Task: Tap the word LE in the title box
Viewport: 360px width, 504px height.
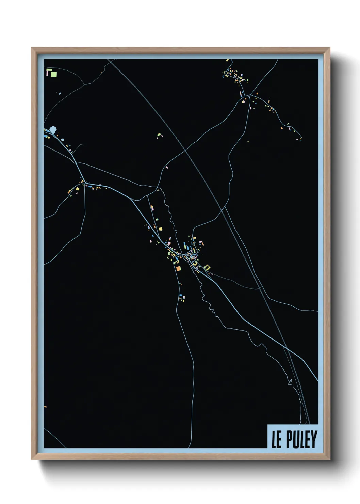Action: [276, 440]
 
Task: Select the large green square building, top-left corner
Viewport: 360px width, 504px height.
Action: [54, 74]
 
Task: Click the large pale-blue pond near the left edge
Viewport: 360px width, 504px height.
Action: [53, 129]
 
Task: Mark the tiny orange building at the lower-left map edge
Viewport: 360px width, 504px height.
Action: [45, 407]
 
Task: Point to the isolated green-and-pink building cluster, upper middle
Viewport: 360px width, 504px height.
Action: [160, 136]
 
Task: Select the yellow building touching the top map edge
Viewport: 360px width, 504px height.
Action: [227, 60]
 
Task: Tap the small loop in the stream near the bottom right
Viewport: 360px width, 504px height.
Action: [290, 381]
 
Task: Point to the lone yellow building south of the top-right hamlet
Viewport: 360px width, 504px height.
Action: [248, 141]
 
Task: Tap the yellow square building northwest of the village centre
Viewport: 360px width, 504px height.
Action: [160, 229]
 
